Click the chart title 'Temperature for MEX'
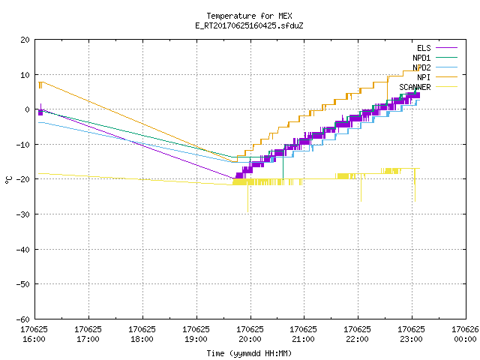click(x=249, y=16)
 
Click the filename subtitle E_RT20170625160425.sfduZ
click(x=249, y=25)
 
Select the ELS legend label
click(x=424, y=48)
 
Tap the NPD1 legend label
click(x=421, y=58)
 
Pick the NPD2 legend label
click(x=421, y=67)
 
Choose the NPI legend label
click(x=424, y=77)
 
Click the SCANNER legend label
click(x=415, y=87)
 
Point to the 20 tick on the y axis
click(x=25, y=40)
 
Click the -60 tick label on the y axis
click(x=23, y=319)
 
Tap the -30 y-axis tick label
click(x=23, y=214)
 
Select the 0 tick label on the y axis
click(x=27, y=109)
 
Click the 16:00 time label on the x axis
click(x=34, y=339)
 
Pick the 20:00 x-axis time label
click(x=250, y=339)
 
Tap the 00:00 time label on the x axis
click(x=465, y=339)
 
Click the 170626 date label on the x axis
click(x=465, y=329)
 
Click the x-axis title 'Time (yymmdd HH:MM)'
click(x=249, y=353)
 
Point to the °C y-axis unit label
click(x=8, y=180)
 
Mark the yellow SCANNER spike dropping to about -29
click(x=247, y=198)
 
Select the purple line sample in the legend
click(x=447, y=48)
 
